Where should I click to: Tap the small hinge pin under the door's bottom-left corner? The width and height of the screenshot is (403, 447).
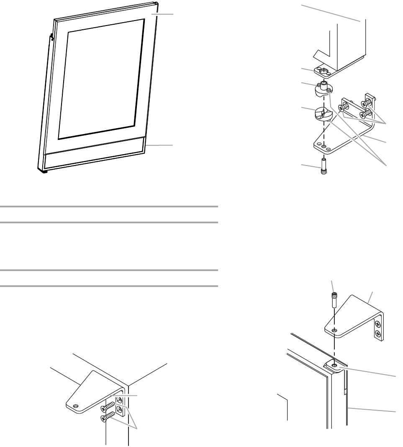tap(44, 171)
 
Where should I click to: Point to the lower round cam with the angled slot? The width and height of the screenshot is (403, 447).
tap(323, 114)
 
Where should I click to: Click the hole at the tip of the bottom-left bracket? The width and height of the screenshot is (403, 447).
tap(76, 406)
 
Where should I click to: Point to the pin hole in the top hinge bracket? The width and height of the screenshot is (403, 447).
tap(334, 331)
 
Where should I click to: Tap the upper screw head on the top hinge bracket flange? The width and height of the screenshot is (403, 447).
tap(377, 323)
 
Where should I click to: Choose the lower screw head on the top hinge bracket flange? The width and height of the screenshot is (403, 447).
tap(377, 333)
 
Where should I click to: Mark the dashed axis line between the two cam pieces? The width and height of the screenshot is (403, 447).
tap(323, 101)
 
